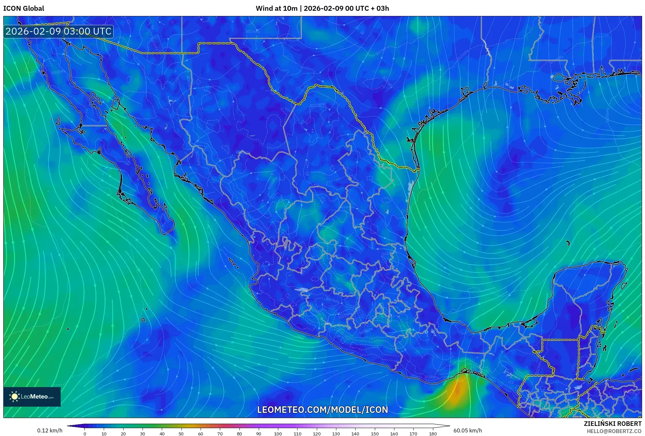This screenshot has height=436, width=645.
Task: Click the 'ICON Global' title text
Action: click(x=23, y=8)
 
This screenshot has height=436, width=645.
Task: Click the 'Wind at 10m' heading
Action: click(x=276, y=8)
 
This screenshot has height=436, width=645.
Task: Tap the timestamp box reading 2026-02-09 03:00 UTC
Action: click(x=58, y=32)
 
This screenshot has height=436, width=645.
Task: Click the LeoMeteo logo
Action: click(x=32, y=397)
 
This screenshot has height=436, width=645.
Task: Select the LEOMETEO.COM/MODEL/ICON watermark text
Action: click(x=322, y=410)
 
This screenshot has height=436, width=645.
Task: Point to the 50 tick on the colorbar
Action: click(x=181, y=433)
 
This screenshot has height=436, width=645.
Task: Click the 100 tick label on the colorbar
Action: click(x=278, y=433)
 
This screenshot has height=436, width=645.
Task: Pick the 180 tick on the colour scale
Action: click(x=433, y=433)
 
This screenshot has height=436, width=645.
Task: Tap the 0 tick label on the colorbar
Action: click(x=85, y=433)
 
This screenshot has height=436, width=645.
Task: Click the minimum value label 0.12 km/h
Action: click(x=50, y=430)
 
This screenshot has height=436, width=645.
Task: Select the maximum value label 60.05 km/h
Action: click(x=468, y=430)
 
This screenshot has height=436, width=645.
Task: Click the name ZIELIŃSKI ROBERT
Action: click(x=612, y=424)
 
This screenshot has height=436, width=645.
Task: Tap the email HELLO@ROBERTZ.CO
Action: click(x=614, y=431)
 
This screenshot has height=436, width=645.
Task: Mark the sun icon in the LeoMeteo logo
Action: click(x=14, y=397)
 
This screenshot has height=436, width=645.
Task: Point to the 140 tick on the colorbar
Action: click(x=355, y=433)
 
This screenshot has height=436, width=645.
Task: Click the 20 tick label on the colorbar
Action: click(x=123, y=433)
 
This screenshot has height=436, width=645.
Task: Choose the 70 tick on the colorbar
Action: click(x=220, y=433)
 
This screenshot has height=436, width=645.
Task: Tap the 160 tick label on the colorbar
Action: click(x=394, y=433)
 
